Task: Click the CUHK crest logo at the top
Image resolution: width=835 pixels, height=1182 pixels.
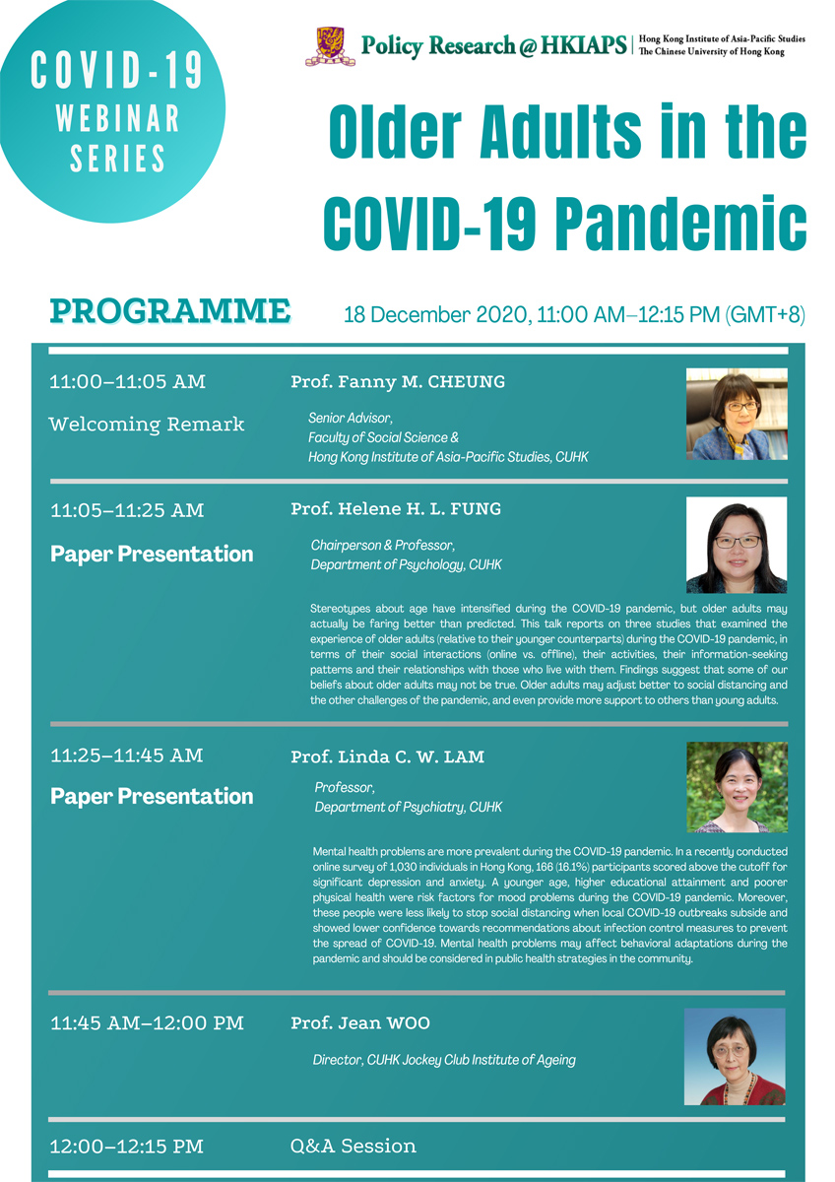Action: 330,46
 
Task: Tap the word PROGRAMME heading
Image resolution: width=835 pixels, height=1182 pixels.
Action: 170,311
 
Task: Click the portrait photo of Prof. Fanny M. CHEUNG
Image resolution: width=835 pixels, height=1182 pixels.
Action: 737,415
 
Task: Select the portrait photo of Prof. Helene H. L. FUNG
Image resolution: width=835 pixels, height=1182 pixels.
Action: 737,545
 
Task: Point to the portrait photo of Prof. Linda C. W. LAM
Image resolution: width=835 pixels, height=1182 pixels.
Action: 737,787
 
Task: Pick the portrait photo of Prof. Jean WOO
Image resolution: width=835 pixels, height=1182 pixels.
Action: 735,1056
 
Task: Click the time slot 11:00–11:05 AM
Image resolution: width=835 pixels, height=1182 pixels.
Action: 128,382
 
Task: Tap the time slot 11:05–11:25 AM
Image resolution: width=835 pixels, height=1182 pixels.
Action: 127,510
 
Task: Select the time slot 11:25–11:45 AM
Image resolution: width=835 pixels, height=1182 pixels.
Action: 127,755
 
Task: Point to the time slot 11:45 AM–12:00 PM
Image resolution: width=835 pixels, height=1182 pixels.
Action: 147,1023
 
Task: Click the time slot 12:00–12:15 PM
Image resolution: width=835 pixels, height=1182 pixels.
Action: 127,1146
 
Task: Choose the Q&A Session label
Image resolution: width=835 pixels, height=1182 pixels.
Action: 353,1146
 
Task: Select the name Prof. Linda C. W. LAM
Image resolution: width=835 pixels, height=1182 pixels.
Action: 388,756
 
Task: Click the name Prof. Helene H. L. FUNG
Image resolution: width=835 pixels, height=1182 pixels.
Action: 396,509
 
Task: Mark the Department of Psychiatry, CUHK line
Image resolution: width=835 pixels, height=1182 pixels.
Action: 408,807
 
